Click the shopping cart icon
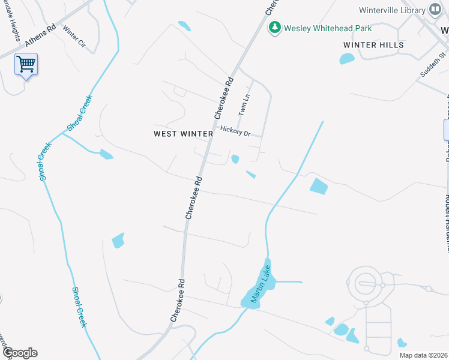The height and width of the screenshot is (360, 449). point(26,64)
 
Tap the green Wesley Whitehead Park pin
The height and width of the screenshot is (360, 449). point(275,27)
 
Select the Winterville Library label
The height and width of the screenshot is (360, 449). point(392,10)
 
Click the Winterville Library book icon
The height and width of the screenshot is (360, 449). point(435,10)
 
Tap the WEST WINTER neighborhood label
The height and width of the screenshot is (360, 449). point(183,134)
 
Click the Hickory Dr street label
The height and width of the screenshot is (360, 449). point(235,131)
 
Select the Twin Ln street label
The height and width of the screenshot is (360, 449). point(244,104)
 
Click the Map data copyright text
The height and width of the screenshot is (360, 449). point(424,355)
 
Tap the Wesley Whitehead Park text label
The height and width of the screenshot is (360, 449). point(328,28)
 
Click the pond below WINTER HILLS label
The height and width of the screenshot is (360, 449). point(347,59)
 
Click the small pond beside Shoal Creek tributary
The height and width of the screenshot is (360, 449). point(106,155)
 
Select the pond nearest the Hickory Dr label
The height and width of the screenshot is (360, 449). point(235,159)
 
